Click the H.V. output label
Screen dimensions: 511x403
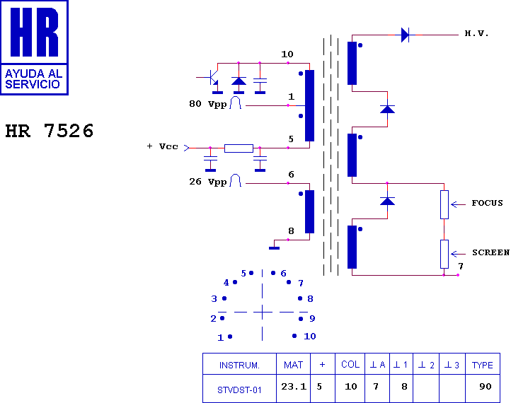476,33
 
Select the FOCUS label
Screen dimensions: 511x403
487,203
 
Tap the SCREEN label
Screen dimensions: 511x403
490,252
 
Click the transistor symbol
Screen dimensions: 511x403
211,77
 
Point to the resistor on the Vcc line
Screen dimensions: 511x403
239,148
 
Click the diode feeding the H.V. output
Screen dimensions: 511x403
405,35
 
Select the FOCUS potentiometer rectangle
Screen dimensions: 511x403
444,204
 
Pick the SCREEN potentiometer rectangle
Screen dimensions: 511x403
444,254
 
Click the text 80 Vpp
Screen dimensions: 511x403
208,104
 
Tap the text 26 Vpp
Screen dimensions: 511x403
208,182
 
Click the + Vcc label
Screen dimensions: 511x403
162,146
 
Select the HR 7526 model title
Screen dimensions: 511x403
50,131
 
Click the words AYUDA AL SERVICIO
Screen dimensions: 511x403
33,79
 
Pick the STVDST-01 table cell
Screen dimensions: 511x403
239,390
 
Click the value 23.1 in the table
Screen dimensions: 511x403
294,387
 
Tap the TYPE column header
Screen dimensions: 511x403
482,366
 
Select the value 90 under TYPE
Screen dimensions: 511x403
486,387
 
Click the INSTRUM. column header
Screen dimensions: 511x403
239,366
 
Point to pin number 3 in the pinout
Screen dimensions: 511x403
214,298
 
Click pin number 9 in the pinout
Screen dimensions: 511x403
312,318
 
